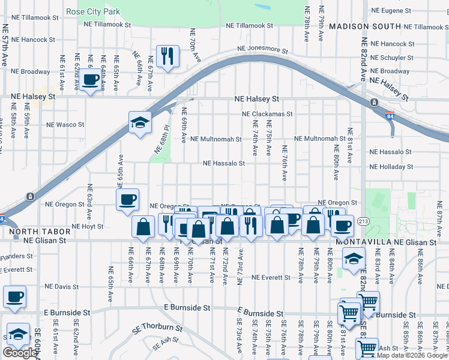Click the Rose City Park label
pos(93,11)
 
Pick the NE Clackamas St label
pos(267,113)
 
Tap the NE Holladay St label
pos(391,167)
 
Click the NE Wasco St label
pos(66,125)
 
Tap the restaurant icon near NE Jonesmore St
pos(167,56)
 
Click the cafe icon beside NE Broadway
pos(91,80)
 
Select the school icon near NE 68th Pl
pos(140,123)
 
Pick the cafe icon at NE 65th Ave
pos(127,199)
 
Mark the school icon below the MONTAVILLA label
pos(354,259)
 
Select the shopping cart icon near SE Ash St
pos(367,348)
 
